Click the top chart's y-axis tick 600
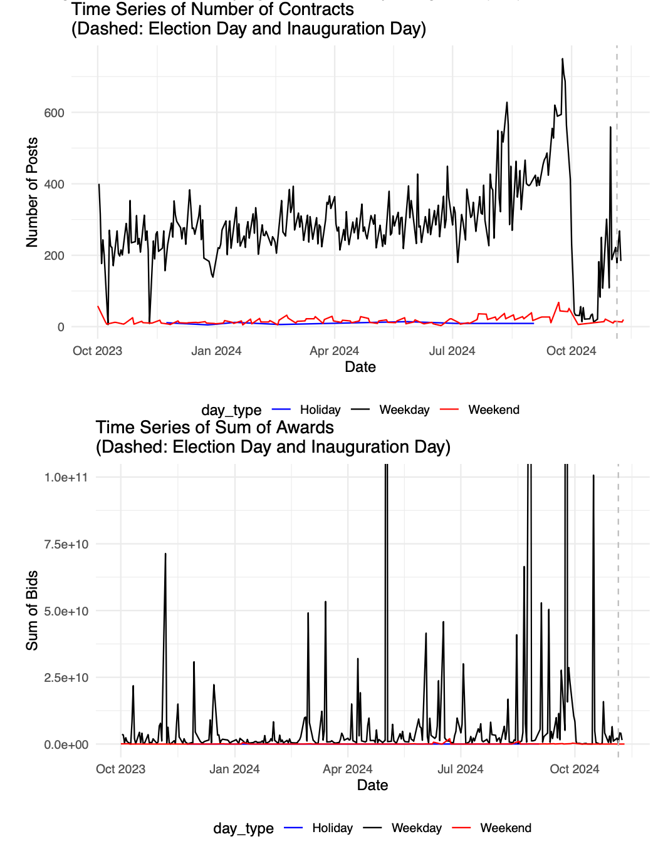click(x=54, y=113)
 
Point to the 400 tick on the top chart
click(x=54, y=184)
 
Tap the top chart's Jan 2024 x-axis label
click(x=216, y=351)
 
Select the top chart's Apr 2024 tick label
click(x=334, y=351)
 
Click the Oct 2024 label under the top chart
click(x=571, y=351)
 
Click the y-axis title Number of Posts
click(x=32, y=192)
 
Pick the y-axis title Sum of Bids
click(x=32, y=610)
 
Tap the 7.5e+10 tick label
click(x=66, y=544)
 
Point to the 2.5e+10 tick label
click(x=66, y=677)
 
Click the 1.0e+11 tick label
click(x=66, y=477)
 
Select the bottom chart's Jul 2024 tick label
click(x=460, y=769)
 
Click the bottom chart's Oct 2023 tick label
click(x=120, y=769)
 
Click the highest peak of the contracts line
click(x=562, y=59)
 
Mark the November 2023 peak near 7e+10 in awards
click(x=165, y=554)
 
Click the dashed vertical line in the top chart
click(x=617, y=188)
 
